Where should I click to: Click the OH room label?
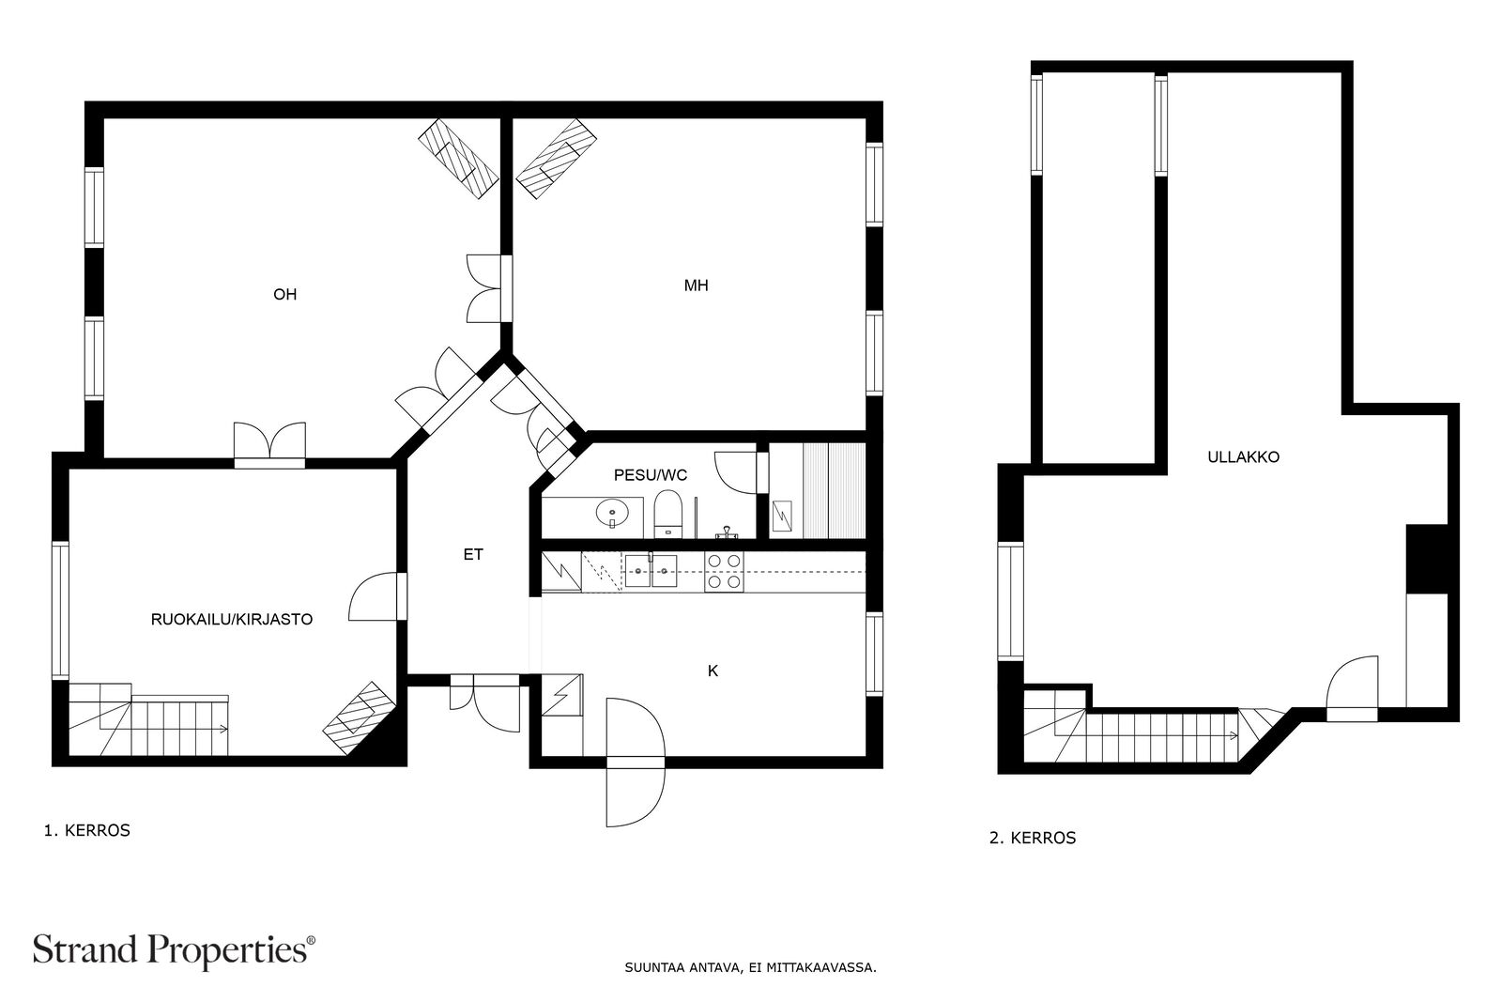(284, 295)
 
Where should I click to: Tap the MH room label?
(696, 285)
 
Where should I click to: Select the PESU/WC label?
(650, 475)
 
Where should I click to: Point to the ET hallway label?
(473, 555)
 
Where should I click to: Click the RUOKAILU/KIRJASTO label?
(232, 620)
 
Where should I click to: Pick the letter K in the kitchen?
(713, 671)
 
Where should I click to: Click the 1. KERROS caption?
(86, 831)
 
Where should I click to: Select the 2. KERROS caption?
(1033, 839)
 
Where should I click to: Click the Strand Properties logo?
(174, 949)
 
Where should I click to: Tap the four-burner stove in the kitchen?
(724, 572)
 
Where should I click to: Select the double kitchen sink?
(651, 570)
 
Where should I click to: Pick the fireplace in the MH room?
(559, 159)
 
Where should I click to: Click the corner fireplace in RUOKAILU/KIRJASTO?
(358, 711)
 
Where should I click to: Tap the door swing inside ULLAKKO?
(1352, 684)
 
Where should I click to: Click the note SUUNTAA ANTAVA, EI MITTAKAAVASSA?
(750, 966)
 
